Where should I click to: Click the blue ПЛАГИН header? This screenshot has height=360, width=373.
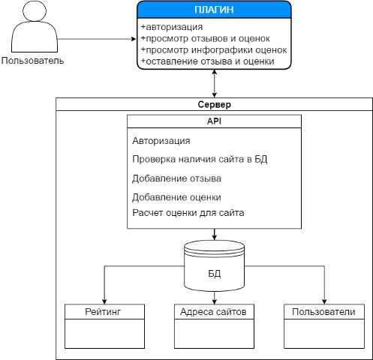pyautogui.click(x=214, y=10)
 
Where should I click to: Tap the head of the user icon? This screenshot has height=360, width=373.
pyautogui.click(x=35, y=10)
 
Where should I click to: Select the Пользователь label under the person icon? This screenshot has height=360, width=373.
pyautogui.click(x=32, y=61)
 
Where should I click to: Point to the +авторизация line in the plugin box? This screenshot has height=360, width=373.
pyautogui.click(x=172, y=27)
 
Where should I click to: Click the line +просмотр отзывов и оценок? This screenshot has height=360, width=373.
pyautogui.click(x=206, y=38)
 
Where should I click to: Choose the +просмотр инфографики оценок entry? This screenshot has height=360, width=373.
pyautogui.click(x=214, y=49)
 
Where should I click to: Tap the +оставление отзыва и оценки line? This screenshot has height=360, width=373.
pyautogui.click(x=208, y=61)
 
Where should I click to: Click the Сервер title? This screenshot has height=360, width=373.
pyautogui.click(x=215, y=104)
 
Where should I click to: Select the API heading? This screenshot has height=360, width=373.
pyautogui.click(x=214, y=121)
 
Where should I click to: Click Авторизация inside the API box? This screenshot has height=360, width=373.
pyautogui.click(x=161, y=141)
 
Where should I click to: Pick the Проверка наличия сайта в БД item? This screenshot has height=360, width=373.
pyautogui.click(x=200, y=159)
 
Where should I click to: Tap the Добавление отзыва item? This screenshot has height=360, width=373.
pyautogui.click(x=176, y=178)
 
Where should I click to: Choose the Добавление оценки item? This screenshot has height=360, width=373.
pyautogui.click(x=176, y=197)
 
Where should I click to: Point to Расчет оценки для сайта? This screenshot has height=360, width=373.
pyautogui.click(x=188, y=213)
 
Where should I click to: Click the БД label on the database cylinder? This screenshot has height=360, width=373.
pyautogui.click(x=215, y=274)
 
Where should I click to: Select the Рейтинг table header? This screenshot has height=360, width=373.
pyautogui.click(x=103, y=312)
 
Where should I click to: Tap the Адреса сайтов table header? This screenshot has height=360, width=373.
pyautogui.click(x=213, y=312)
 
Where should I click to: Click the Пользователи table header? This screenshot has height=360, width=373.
pyautogui.click(x=323, y=312)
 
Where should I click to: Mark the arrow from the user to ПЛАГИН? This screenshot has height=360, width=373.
pyautogui.click(x=97, y=39)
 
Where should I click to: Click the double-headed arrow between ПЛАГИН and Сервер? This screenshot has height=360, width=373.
pyautogui.click(x=215, y=83)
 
